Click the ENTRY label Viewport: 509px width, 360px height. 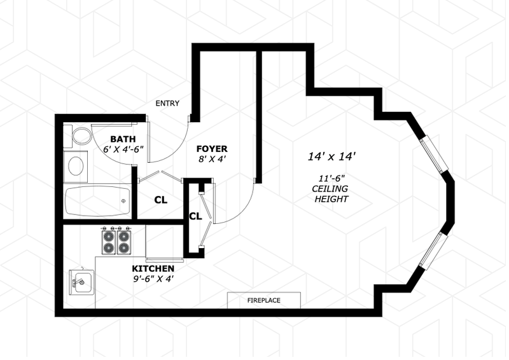pos(167,104)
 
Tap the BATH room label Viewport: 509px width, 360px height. pos(123,139)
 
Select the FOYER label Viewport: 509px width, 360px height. pos(212,149)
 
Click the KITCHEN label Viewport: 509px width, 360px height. pos(153,269)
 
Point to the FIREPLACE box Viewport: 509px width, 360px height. pos(264,300)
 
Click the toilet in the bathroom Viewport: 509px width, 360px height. pos(80,135)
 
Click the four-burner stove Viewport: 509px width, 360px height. pos(116,240)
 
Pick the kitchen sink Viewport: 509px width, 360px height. pos(81,280)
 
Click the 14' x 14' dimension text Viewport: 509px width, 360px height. pos(331,156)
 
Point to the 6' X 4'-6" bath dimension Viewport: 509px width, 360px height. pos(123,149)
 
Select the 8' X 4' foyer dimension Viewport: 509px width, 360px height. pos(212,160)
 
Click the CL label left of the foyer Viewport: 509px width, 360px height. pos(160,200)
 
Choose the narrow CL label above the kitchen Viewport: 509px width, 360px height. pos(195,216)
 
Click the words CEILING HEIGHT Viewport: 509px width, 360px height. pos(331,194)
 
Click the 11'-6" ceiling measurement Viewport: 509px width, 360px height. pos(331,178)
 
